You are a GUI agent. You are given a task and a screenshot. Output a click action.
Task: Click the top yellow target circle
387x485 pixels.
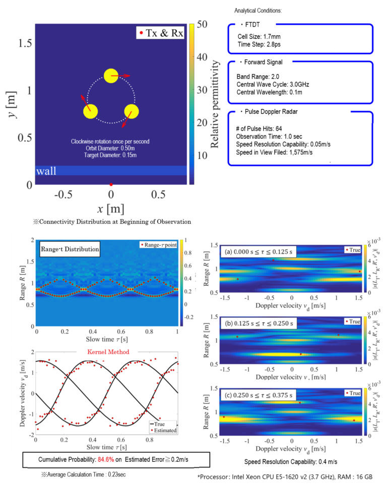click(111, 76)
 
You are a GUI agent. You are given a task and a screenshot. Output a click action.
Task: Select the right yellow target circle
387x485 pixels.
click(131, 111)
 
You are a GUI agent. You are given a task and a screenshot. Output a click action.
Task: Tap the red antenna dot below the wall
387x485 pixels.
click(111, 184)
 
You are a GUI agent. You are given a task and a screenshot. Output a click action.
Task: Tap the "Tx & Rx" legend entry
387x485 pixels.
click(161, 34)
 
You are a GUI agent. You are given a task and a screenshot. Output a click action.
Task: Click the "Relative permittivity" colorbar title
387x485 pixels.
click(215, 104)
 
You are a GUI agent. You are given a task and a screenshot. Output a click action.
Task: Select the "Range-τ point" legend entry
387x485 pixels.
click(158, 245)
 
